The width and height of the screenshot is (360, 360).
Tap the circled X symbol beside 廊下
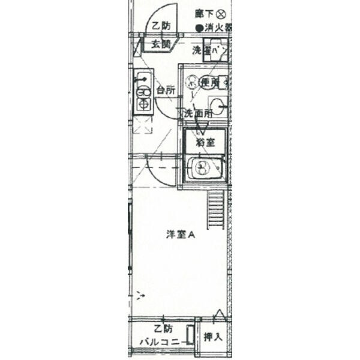221,13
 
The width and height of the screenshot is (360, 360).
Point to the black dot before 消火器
199,28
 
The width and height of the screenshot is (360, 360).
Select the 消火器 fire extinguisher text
217,28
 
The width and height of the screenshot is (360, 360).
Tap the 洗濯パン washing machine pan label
210,51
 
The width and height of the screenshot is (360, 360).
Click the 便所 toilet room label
208,82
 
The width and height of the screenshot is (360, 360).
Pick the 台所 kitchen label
166,91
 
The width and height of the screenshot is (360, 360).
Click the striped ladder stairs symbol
215,211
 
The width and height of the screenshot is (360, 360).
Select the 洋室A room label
180,235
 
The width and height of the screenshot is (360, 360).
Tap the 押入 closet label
213,337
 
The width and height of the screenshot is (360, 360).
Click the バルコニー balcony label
159,341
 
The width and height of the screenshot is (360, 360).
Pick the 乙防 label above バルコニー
163,329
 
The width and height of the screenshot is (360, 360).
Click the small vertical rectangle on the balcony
190,334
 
